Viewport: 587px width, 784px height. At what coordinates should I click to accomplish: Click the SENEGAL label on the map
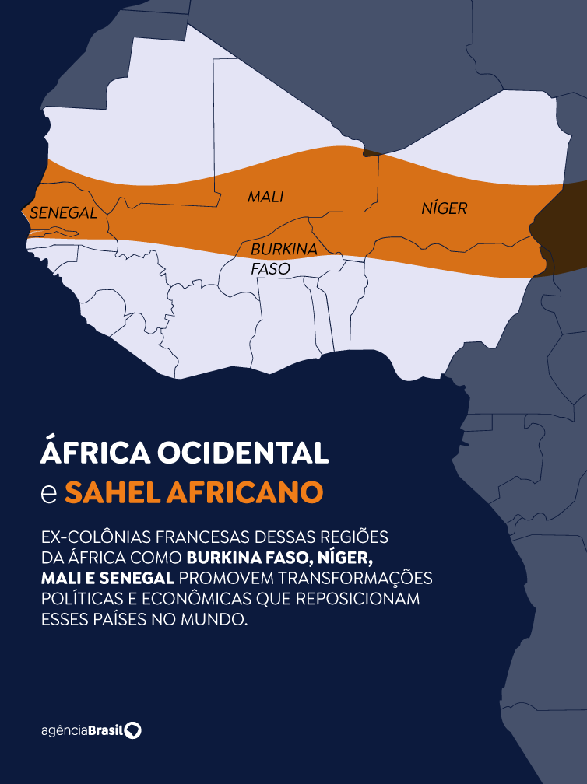63,212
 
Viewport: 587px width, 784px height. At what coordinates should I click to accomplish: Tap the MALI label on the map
265,197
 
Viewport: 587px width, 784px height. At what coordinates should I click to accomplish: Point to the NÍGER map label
444,208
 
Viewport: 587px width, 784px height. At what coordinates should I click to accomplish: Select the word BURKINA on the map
283,250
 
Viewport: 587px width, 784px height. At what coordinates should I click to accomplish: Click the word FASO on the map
270,268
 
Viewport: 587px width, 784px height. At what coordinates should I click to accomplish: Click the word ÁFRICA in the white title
93,453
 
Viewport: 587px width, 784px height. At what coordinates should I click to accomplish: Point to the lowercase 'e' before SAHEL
48,493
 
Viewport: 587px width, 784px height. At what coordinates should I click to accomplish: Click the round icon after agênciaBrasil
134,730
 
